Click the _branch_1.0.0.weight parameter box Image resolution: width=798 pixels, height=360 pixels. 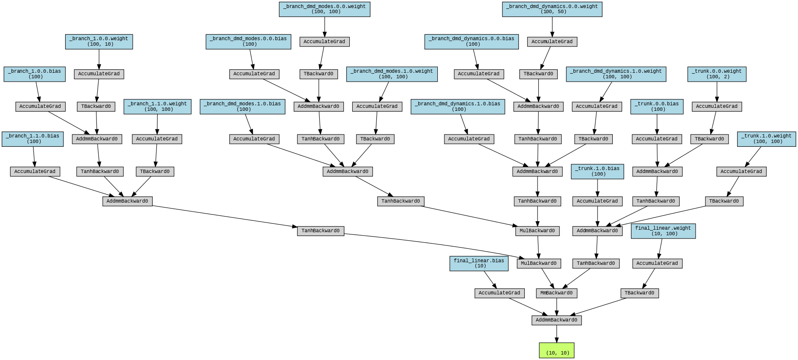(x=99, y=41)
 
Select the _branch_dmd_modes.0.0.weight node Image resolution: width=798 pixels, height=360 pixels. (x=324, y=9)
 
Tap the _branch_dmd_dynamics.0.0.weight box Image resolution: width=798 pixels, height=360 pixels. (x=552, y=9)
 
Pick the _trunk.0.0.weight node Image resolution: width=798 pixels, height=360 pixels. (x=716, y=74)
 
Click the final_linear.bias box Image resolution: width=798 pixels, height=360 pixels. (x=479, y=263)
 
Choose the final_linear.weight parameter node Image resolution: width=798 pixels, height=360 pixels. (x=663, y=231)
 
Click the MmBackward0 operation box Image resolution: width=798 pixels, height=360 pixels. (x=556, y=293)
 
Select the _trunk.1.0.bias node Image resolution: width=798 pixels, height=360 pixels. (x=597, y=171)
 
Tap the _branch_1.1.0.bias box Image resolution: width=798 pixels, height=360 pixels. (x=33, y=139)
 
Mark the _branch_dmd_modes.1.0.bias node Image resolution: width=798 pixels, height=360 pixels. (x=242, y=106)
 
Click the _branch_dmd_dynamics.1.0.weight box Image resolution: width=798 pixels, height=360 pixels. (x=616, y=74)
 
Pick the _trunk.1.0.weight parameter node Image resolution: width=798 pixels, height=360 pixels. (x=766, y=139)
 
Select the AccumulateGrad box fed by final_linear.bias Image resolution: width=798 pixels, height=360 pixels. (x=499, y=293)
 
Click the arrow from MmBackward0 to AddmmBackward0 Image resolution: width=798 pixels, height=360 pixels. (x=556, y=307)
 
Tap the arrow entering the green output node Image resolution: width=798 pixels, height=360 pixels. (x=557, y=334)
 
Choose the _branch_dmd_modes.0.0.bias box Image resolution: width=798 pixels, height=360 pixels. (x=248, y=41)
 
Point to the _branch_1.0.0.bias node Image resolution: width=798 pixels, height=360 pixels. (x=34, y=74)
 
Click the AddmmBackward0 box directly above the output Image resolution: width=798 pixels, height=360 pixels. (x=556, y=320)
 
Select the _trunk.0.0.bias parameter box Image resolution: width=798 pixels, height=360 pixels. (x=656, y=106)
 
